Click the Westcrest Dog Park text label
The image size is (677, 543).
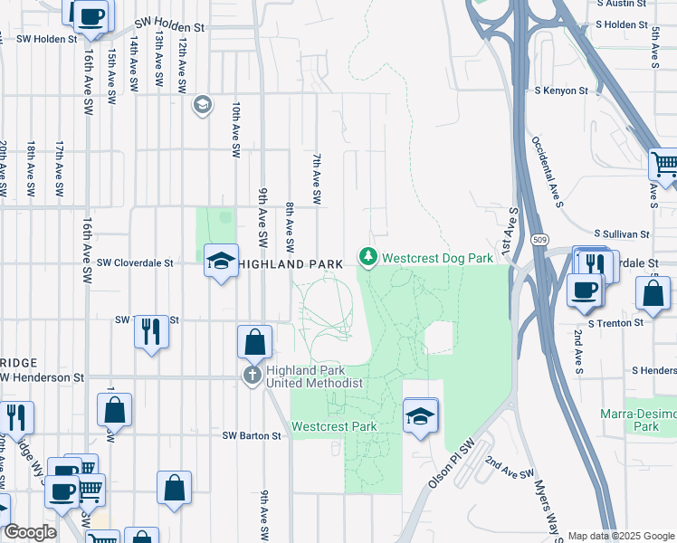pyautogui.click(x=437, y=258)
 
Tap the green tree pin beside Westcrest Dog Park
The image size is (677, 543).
pyautogui.click(x=367, y=258)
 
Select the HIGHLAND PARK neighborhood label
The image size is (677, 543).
pyautogui.click(x=291, y=263)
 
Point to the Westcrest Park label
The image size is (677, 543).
pyautogui.click(x=333, y=426)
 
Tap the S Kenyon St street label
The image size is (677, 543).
pyautogui.click(x=561, y=91)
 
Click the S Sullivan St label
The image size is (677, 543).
pyautogui.click(x=623, y=233)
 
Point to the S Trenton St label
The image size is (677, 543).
pyautogui.click(x=615, y=322)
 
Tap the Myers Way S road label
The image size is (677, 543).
pyautogui.click(x=548, y=506)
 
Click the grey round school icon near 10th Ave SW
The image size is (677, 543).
pyautogui.click(x=201, y=106)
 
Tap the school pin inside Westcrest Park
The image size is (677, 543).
pyautogui.click(x=420, y=417)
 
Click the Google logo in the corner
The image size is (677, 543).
pyautogui.click(x=30, y=532)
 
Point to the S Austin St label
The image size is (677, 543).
pyautogui.click(x=623, y=4)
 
